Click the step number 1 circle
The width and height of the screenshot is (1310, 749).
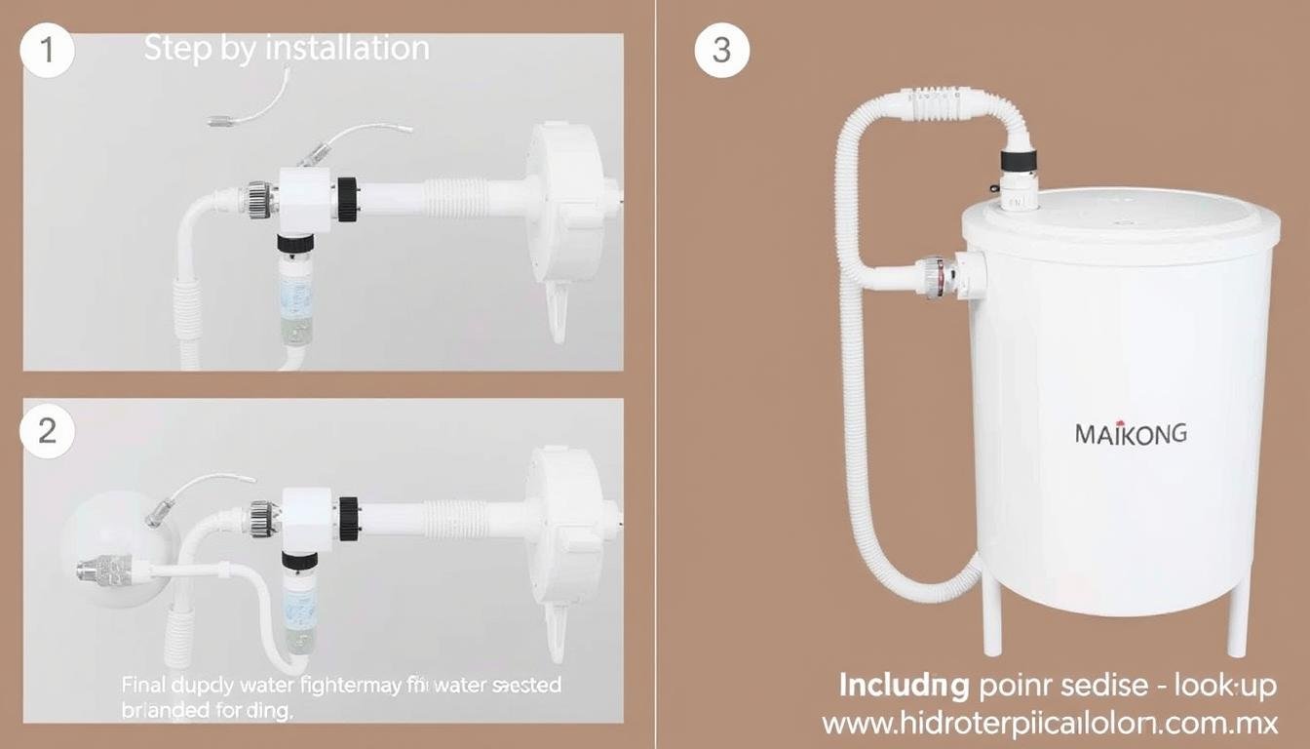46,52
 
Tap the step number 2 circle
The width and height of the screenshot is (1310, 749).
46,430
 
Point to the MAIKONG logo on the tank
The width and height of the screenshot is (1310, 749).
1131,434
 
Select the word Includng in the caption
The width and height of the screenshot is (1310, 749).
904,686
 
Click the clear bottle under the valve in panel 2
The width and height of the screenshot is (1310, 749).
296,614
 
